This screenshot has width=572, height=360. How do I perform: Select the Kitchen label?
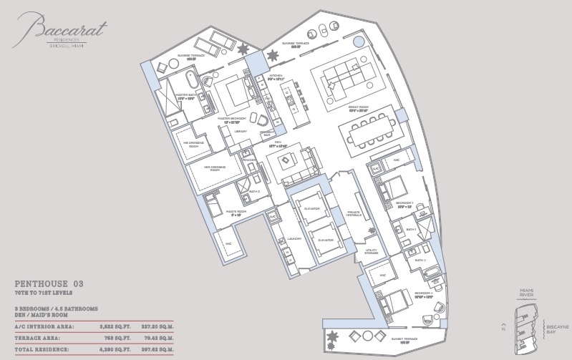[x=276, y=75]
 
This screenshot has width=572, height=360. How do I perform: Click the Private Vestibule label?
[x=352, y=213]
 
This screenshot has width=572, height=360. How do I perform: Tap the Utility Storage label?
[x=371, y=251]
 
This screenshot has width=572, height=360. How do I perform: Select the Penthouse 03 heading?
[x=54, y=284]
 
